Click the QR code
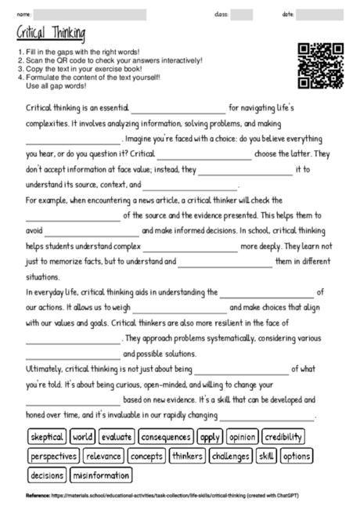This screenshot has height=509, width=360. coord(321,65)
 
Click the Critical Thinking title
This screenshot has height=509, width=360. coord(51,34)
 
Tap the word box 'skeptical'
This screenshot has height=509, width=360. coord(47,436)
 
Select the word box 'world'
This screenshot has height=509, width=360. coord(82,436)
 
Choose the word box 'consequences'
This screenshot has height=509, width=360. coord(166,436)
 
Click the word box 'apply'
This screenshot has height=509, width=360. coord(209,436)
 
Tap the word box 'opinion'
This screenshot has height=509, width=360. coord(242,436)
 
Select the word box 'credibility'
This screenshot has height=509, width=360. coord(283,436)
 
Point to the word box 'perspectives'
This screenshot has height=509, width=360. coord(53,456)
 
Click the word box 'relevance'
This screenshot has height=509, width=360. coord(103,456)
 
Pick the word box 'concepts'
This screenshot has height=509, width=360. coord(146,456)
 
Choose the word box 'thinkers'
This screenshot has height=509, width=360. coord(187,456)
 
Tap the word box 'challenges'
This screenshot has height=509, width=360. coord(230,456)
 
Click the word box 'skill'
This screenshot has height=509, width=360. coord(266,456)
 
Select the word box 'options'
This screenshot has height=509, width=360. coord(297,456)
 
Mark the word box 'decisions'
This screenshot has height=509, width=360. coord(47,475)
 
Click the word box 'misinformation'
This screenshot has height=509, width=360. coord(101,475)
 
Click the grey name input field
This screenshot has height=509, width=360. coord(90,14)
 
